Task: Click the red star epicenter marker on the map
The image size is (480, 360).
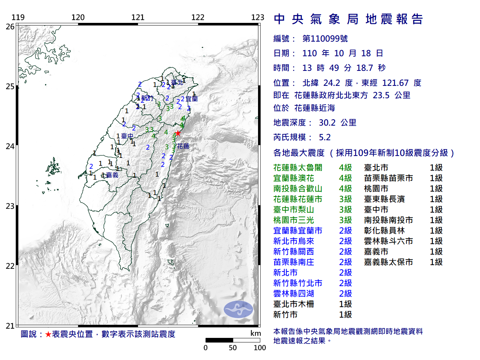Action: tap(178, 133)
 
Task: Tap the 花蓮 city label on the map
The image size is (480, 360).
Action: tap(183, 146)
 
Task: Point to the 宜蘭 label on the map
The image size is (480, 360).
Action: tap(192, 99)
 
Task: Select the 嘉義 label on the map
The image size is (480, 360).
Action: tap(112, 175)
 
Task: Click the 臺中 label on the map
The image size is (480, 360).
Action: tap(127, 136)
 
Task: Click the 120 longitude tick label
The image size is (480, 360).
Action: tap(78, 17)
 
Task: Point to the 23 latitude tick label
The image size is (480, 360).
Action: tap(10, 206)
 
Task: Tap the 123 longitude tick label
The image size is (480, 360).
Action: tap(258, 17)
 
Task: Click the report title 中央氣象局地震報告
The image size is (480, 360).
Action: tap(348, 19)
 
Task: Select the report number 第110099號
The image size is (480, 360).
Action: tap(325, 39)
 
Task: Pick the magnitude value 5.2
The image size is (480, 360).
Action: tap(325, 137)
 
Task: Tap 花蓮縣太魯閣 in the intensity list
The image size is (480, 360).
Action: tap(298, 168)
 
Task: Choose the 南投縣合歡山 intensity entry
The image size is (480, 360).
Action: tap(298, 189)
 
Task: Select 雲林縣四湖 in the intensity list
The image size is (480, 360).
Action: tap(294, 294)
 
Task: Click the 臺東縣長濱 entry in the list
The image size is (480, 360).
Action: tap(384, 199)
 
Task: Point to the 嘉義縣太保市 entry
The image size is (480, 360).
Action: tap(388, 262)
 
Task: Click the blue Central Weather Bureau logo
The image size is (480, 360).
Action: tap(238, 309)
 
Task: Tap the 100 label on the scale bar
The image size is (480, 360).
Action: tap(259, 348)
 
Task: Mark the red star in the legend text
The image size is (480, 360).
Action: tap(48, 334)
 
